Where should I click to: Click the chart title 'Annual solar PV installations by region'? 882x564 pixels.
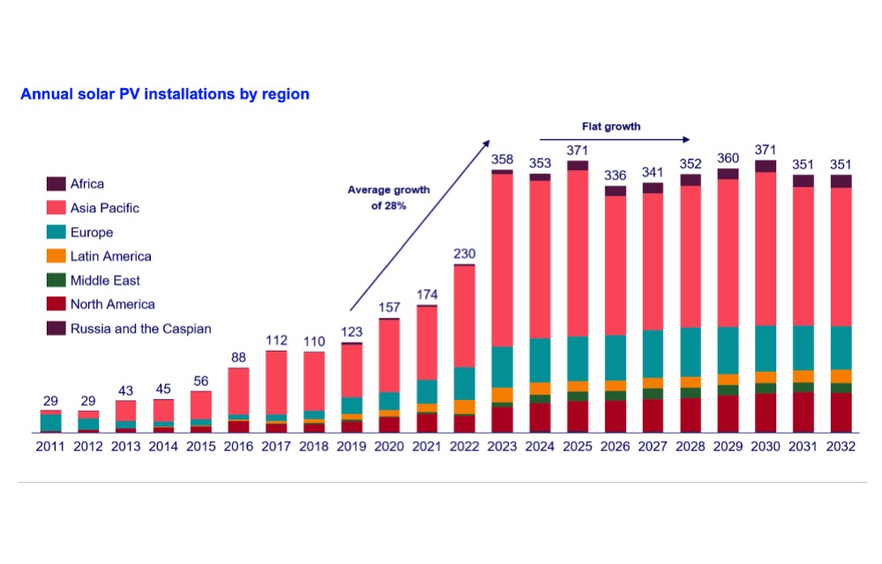[165, 93]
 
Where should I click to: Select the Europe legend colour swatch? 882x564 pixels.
[56, 232]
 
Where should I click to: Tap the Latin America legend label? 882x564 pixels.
[111, 256]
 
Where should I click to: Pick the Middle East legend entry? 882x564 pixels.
[93, 280]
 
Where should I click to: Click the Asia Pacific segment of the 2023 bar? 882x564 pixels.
[502, 260]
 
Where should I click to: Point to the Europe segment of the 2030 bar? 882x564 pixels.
[765, 348]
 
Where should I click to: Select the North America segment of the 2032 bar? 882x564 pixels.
[841, 412]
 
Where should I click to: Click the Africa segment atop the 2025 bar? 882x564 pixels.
[578, 165]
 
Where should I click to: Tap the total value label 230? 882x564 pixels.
[465, 254]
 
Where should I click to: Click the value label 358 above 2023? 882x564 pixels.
[502, 160]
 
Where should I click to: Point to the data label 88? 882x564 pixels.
[238, 357]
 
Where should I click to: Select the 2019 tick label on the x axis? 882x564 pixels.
[352, 447]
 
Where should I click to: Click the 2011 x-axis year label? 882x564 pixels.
[50, 447]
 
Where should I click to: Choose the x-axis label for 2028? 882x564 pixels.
[691, 447]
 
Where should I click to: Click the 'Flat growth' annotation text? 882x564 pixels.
[611, 126]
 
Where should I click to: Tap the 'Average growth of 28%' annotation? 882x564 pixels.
[389, 197]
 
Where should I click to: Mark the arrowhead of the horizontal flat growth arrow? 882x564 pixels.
[686, 139]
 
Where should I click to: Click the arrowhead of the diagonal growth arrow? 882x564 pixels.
[487, 144]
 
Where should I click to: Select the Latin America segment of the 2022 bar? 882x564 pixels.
[464, 407]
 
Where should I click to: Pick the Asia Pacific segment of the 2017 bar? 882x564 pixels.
[276, 383]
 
